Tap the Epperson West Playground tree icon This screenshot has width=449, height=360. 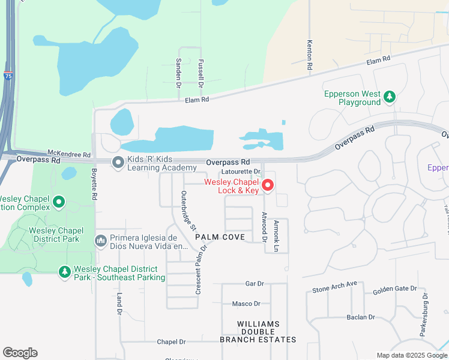click(390, 96)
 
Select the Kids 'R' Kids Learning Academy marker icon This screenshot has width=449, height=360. click(117, 162)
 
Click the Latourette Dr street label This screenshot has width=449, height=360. click(243, 171)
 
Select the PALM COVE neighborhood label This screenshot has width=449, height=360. click(220, 237)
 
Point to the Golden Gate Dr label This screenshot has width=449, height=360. click(394, 289)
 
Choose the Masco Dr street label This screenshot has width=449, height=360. click(246, 304)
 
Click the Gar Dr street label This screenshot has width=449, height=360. click(255, 283)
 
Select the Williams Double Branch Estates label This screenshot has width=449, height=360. click(258, 332)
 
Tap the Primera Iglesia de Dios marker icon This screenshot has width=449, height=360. click(101, 241)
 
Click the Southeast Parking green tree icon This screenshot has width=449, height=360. click(64, 272)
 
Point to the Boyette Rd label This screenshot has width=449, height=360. click(94, 184)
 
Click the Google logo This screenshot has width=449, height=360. click(20, 353)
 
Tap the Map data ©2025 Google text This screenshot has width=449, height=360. click(411, 355)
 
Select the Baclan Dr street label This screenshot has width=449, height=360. click(360, 317)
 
